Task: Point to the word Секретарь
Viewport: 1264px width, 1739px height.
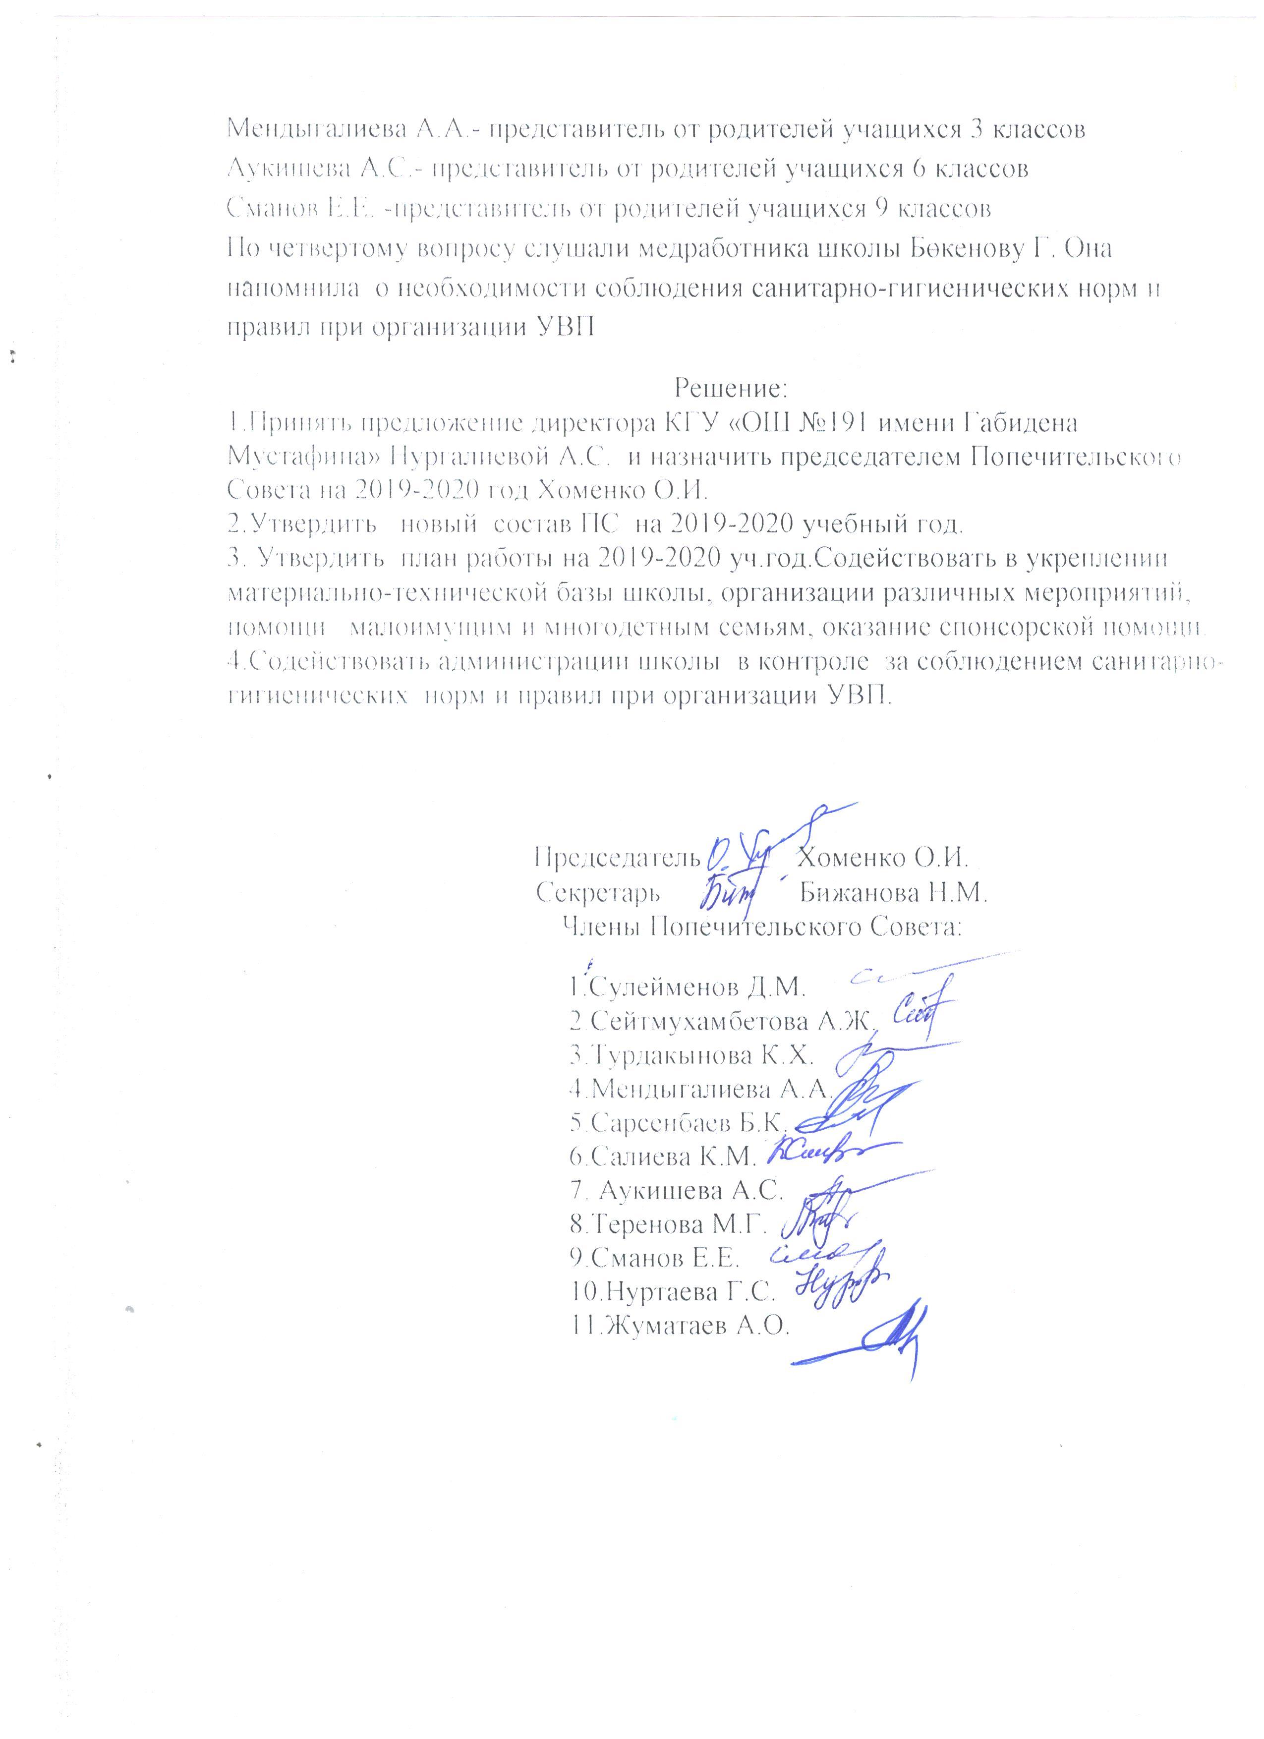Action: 594,893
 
